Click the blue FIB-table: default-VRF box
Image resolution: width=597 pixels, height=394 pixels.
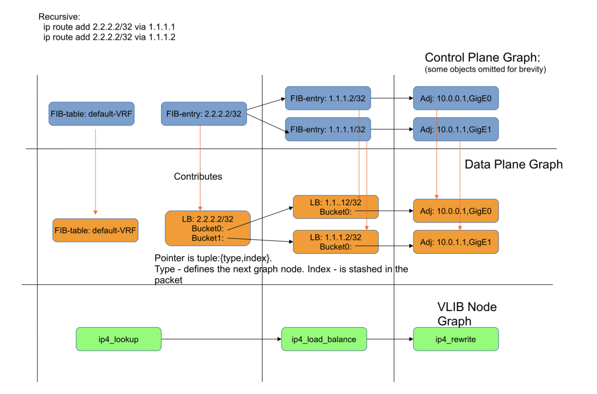(91, 114)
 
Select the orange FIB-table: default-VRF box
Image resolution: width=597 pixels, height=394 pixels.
(95, 230)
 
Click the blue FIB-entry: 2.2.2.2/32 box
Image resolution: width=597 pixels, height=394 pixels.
(204, 114)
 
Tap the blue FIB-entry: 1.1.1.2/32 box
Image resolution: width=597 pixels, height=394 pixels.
(328, 98)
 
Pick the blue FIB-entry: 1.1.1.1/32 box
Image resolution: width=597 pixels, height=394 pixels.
(328, 129)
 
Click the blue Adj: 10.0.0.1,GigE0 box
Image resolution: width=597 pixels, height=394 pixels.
(455, 98)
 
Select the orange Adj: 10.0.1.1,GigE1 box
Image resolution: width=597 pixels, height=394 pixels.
(455, 242)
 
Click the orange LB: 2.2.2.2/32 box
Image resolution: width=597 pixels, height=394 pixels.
(207, 228)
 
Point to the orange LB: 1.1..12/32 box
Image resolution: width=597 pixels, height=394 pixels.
(335, 207)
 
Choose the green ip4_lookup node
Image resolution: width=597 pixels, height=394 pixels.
(118, 339)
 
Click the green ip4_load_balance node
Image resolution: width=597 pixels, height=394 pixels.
(324, 339)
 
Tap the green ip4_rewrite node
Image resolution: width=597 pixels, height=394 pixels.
(455, 339)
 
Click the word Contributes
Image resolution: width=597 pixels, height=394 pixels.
(198, 176)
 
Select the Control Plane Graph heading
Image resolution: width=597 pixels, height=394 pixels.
(482, 57)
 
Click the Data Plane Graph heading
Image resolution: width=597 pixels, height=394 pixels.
(513, 164)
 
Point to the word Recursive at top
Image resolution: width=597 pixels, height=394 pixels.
(59, 17)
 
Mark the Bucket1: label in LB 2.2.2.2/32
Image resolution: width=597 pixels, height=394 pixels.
(207, 238)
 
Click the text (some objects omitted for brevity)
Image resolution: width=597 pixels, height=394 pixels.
(485, 69)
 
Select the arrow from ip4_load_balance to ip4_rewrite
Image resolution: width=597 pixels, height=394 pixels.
(390, 339)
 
